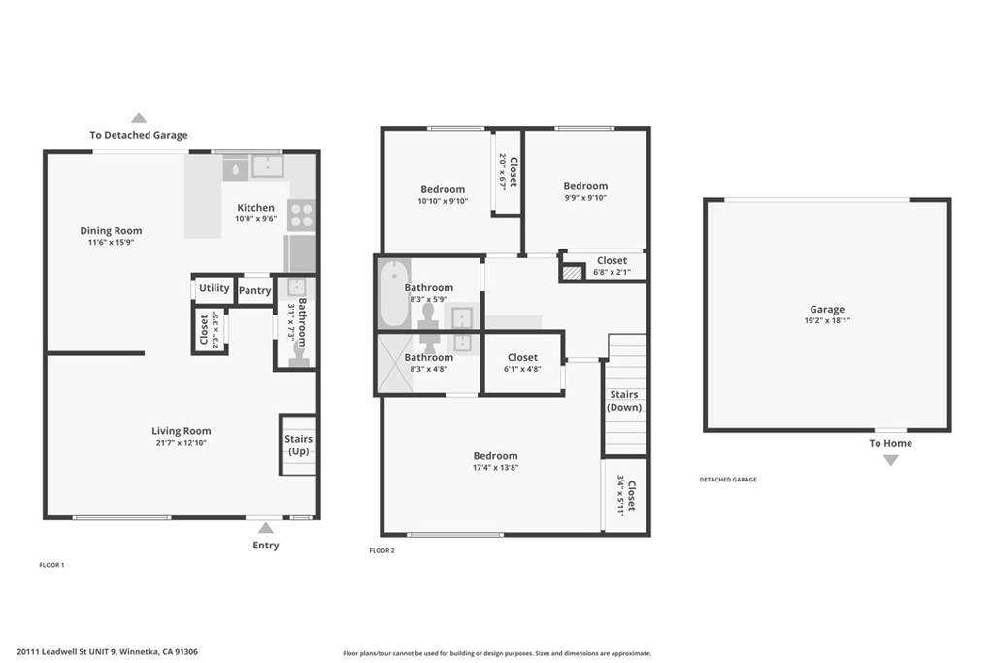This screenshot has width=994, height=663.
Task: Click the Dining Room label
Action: coord(111,231)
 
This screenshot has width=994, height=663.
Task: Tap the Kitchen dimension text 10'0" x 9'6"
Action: coord(256,219)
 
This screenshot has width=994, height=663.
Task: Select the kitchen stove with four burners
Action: coord(301,215)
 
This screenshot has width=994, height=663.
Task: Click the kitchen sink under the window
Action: coord(268,167)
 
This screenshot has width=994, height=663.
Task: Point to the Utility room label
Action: coord(215,288)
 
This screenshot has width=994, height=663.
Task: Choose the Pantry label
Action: coord(255,290)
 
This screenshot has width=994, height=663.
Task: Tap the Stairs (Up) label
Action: coord(299,445)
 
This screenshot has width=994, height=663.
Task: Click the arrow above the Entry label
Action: coord(266,528)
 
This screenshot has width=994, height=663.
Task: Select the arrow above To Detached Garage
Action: coord(139,117)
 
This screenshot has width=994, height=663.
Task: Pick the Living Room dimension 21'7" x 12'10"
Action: coord(182,443)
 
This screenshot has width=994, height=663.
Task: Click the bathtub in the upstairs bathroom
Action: coord(394,294)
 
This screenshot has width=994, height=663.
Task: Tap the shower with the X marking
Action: coord(394,363)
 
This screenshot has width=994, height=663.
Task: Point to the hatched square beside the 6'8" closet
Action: coord(573,273)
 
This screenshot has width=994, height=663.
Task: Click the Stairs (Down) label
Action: coord(624,401)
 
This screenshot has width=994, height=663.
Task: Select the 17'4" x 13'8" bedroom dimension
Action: coord(496,468)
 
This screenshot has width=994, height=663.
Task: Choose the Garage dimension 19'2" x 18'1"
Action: coord(827,320)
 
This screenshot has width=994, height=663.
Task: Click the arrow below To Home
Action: coord(891,461)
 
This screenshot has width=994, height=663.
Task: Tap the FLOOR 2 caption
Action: coord(381,550)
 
